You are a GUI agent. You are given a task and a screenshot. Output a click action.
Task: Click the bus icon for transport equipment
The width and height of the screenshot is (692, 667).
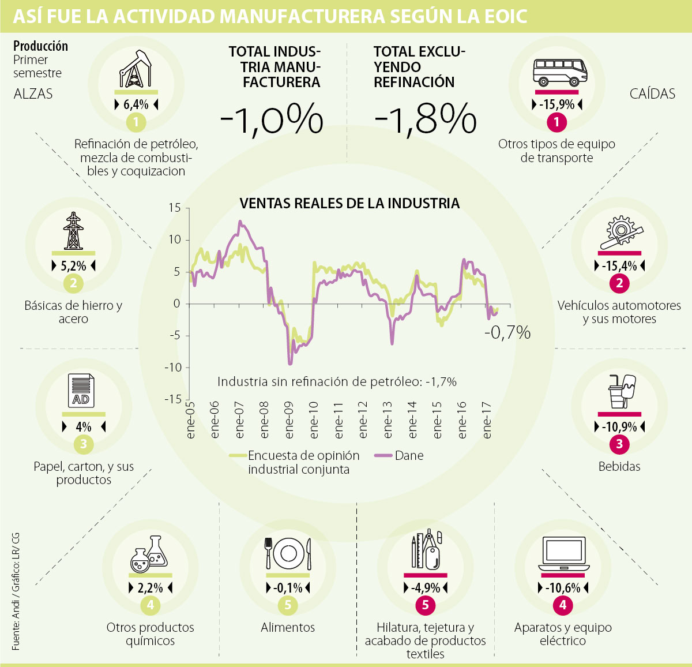(x=556, y=73)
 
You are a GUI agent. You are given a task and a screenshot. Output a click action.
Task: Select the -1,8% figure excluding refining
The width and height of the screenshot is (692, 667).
(x=426, y=119)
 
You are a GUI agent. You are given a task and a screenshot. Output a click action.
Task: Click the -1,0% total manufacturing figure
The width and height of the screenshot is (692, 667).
(x=272, y=119)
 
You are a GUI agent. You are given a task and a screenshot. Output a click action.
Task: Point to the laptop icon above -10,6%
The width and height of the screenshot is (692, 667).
(x=563, y=554)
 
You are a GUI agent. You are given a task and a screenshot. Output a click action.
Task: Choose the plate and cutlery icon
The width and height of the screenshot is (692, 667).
(x=288, y=554)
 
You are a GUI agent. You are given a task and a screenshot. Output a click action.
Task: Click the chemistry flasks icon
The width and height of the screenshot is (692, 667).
(x=150, y=554)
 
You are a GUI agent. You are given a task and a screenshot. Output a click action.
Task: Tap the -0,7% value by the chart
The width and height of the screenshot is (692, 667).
(x=507, y=332)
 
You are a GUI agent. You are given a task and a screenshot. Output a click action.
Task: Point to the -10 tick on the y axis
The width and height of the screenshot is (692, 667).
(x=172, y=368)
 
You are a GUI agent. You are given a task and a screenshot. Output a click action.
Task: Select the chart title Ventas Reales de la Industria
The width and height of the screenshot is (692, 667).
(x=349, y=203)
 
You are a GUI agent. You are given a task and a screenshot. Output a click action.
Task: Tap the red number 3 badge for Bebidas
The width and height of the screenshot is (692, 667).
(x=619, y=444)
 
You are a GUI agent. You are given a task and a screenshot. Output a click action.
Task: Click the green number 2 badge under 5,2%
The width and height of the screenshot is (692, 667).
(x=73, y=283)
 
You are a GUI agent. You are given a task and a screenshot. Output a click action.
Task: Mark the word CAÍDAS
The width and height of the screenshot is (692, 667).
(x=652, y=94)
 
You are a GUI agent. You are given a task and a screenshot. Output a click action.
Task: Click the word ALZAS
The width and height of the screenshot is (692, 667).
(x=33, y=94)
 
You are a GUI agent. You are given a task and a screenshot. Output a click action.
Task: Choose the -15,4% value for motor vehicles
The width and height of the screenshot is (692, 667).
(x=619, y=266)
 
